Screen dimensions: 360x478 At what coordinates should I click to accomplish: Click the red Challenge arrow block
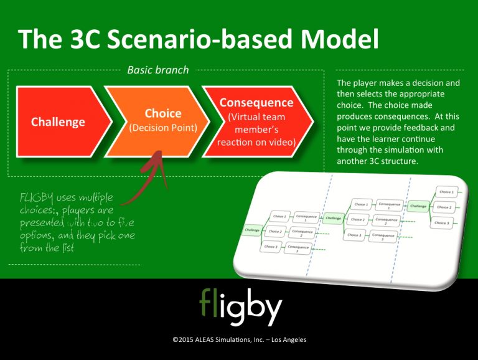click(x=58, y=121)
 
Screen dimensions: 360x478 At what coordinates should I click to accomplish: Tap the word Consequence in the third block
click(x=256, y=102)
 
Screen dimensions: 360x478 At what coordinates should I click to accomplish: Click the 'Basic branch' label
click(x=157, y=70)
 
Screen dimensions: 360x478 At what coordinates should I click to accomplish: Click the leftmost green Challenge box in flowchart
click(x=252, y=230)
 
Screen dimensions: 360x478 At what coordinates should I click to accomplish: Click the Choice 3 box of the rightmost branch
click(x=441, y=222)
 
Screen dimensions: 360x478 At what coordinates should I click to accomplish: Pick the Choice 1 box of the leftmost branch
click(x=279, y=217)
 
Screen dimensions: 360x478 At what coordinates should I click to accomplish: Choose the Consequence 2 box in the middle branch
click(x=386, y=221)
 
